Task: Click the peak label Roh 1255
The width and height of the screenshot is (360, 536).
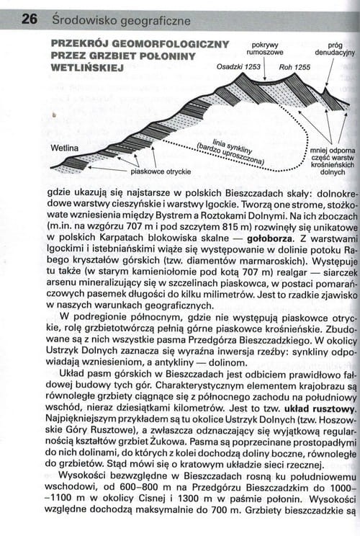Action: click(x=294, y=66)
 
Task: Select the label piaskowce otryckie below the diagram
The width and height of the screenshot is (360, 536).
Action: click(x=161, y=171)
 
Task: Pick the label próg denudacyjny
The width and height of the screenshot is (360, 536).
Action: click(x=334, y=48)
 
